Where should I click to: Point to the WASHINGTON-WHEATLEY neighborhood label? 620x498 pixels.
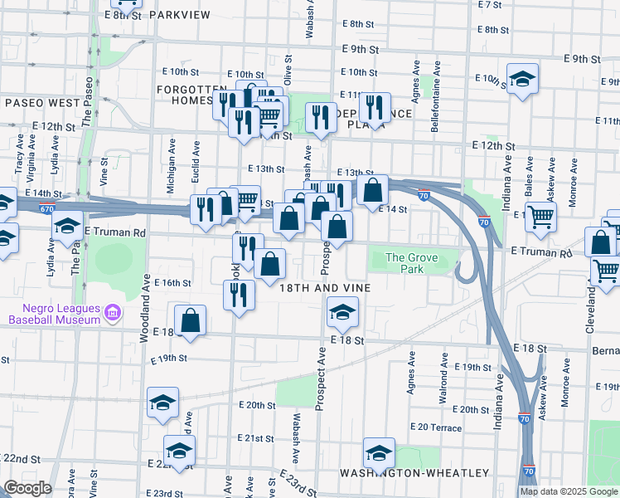[414, 473]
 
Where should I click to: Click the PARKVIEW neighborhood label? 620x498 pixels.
[180, 15]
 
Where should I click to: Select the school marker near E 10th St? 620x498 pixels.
[522, 79]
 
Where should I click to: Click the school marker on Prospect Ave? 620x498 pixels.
[341, 312]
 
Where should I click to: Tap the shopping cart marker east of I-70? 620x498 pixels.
[540, 217]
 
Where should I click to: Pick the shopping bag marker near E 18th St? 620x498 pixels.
[191, 320]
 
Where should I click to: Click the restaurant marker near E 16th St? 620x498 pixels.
[237, 295]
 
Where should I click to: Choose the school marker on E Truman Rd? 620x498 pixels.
[67, 227]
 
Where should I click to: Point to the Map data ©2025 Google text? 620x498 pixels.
[569, 491]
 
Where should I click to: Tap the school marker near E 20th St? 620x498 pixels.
[163, 403]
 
